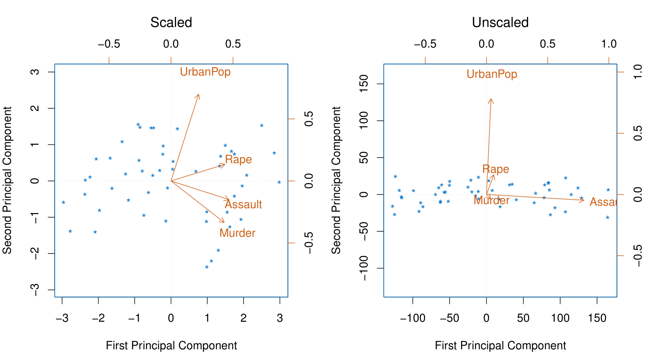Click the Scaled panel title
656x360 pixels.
click(x=171, y=22)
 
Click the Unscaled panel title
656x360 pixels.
click(x=500, y=22)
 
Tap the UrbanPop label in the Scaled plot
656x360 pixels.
click(x=205, y=72)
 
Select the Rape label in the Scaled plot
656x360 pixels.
click(x=239, y=160)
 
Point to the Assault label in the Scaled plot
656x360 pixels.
click(x=243, y=204)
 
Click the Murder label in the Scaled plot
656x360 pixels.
click(x=237, y=233)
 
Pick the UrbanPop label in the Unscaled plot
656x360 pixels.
click(x=492, y=74)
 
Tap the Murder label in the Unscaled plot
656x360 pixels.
click(x=491, y=200)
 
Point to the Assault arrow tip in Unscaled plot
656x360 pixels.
click(x=584, y=200)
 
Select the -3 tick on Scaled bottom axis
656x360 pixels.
click(x=62, y=318)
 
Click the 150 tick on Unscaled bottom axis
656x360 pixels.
click(x=597, y=318)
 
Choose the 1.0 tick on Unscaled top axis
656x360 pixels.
click(x=609, y=44)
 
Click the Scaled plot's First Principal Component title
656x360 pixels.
click(x=171, y=346)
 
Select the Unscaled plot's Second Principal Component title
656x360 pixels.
click(x=336, y=180)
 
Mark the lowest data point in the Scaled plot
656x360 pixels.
click(x=207, y=267)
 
